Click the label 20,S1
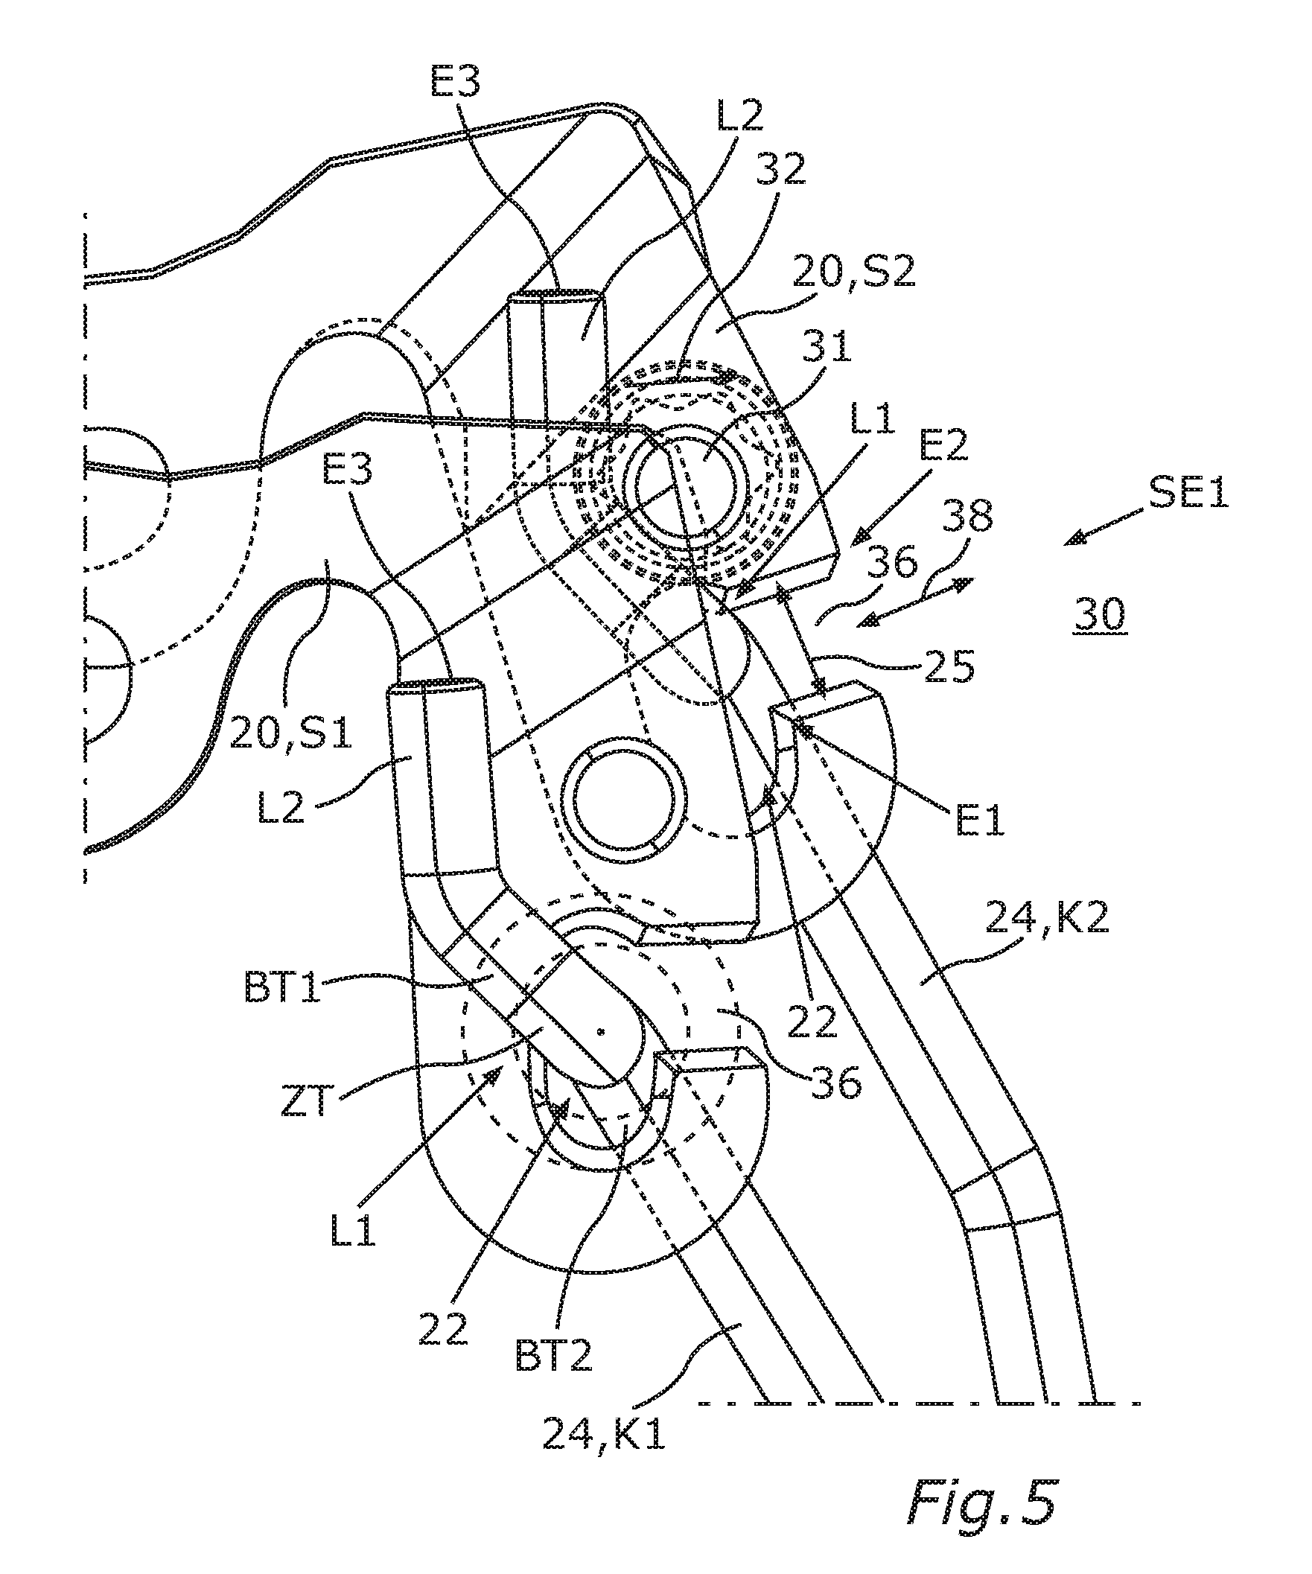(x=291, y=736)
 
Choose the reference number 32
(x=780, y=171)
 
